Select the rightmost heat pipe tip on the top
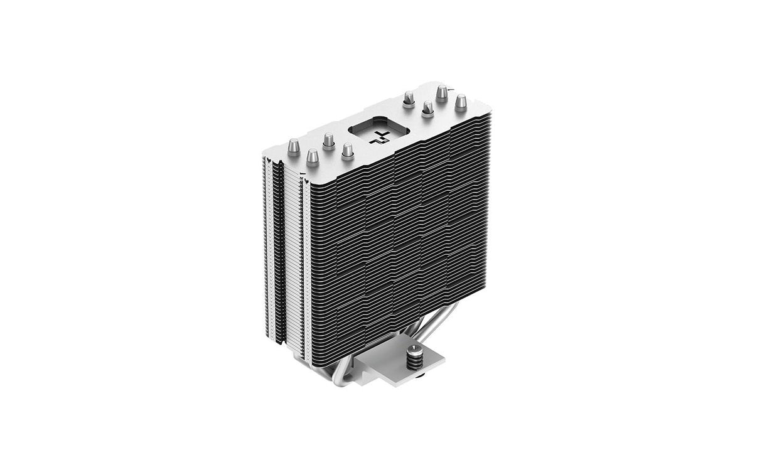461,102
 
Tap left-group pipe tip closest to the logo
347,151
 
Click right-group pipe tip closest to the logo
409,99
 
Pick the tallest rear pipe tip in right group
442,93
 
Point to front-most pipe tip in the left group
312,158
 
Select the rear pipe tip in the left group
328,140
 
